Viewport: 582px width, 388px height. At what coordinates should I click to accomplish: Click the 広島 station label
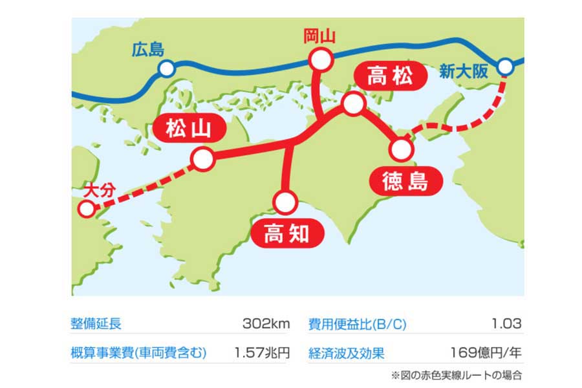(x=147, y=49)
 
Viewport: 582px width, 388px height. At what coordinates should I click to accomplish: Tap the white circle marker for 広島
(x=167, y=69)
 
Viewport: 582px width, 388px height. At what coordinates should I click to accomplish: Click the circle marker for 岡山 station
(x=321, y=61)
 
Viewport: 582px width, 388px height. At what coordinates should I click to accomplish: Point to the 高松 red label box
(x=389, y=77)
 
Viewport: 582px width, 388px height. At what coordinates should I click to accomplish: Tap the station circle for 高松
(x=353, y=104)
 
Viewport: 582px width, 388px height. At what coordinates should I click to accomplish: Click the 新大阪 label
(x=462, y=71)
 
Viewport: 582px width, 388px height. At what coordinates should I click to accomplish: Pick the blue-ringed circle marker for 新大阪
(x=506, y=66)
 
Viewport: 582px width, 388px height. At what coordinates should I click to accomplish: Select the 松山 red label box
(x=188, y=130)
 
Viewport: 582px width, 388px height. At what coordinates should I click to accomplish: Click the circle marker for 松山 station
(x=203, y=158)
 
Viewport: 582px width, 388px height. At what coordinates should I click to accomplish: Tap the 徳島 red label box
(x=405, y=182)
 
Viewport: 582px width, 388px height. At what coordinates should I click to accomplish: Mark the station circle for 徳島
(x=401, y=150)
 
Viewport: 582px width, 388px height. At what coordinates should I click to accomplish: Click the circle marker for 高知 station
(x=285, y=202)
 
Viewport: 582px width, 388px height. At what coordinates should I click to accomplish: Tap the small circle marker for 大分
(x=85, y=209)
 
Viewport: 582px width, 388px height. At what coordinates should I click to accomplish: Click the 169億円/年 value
(x=486, y=353)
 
